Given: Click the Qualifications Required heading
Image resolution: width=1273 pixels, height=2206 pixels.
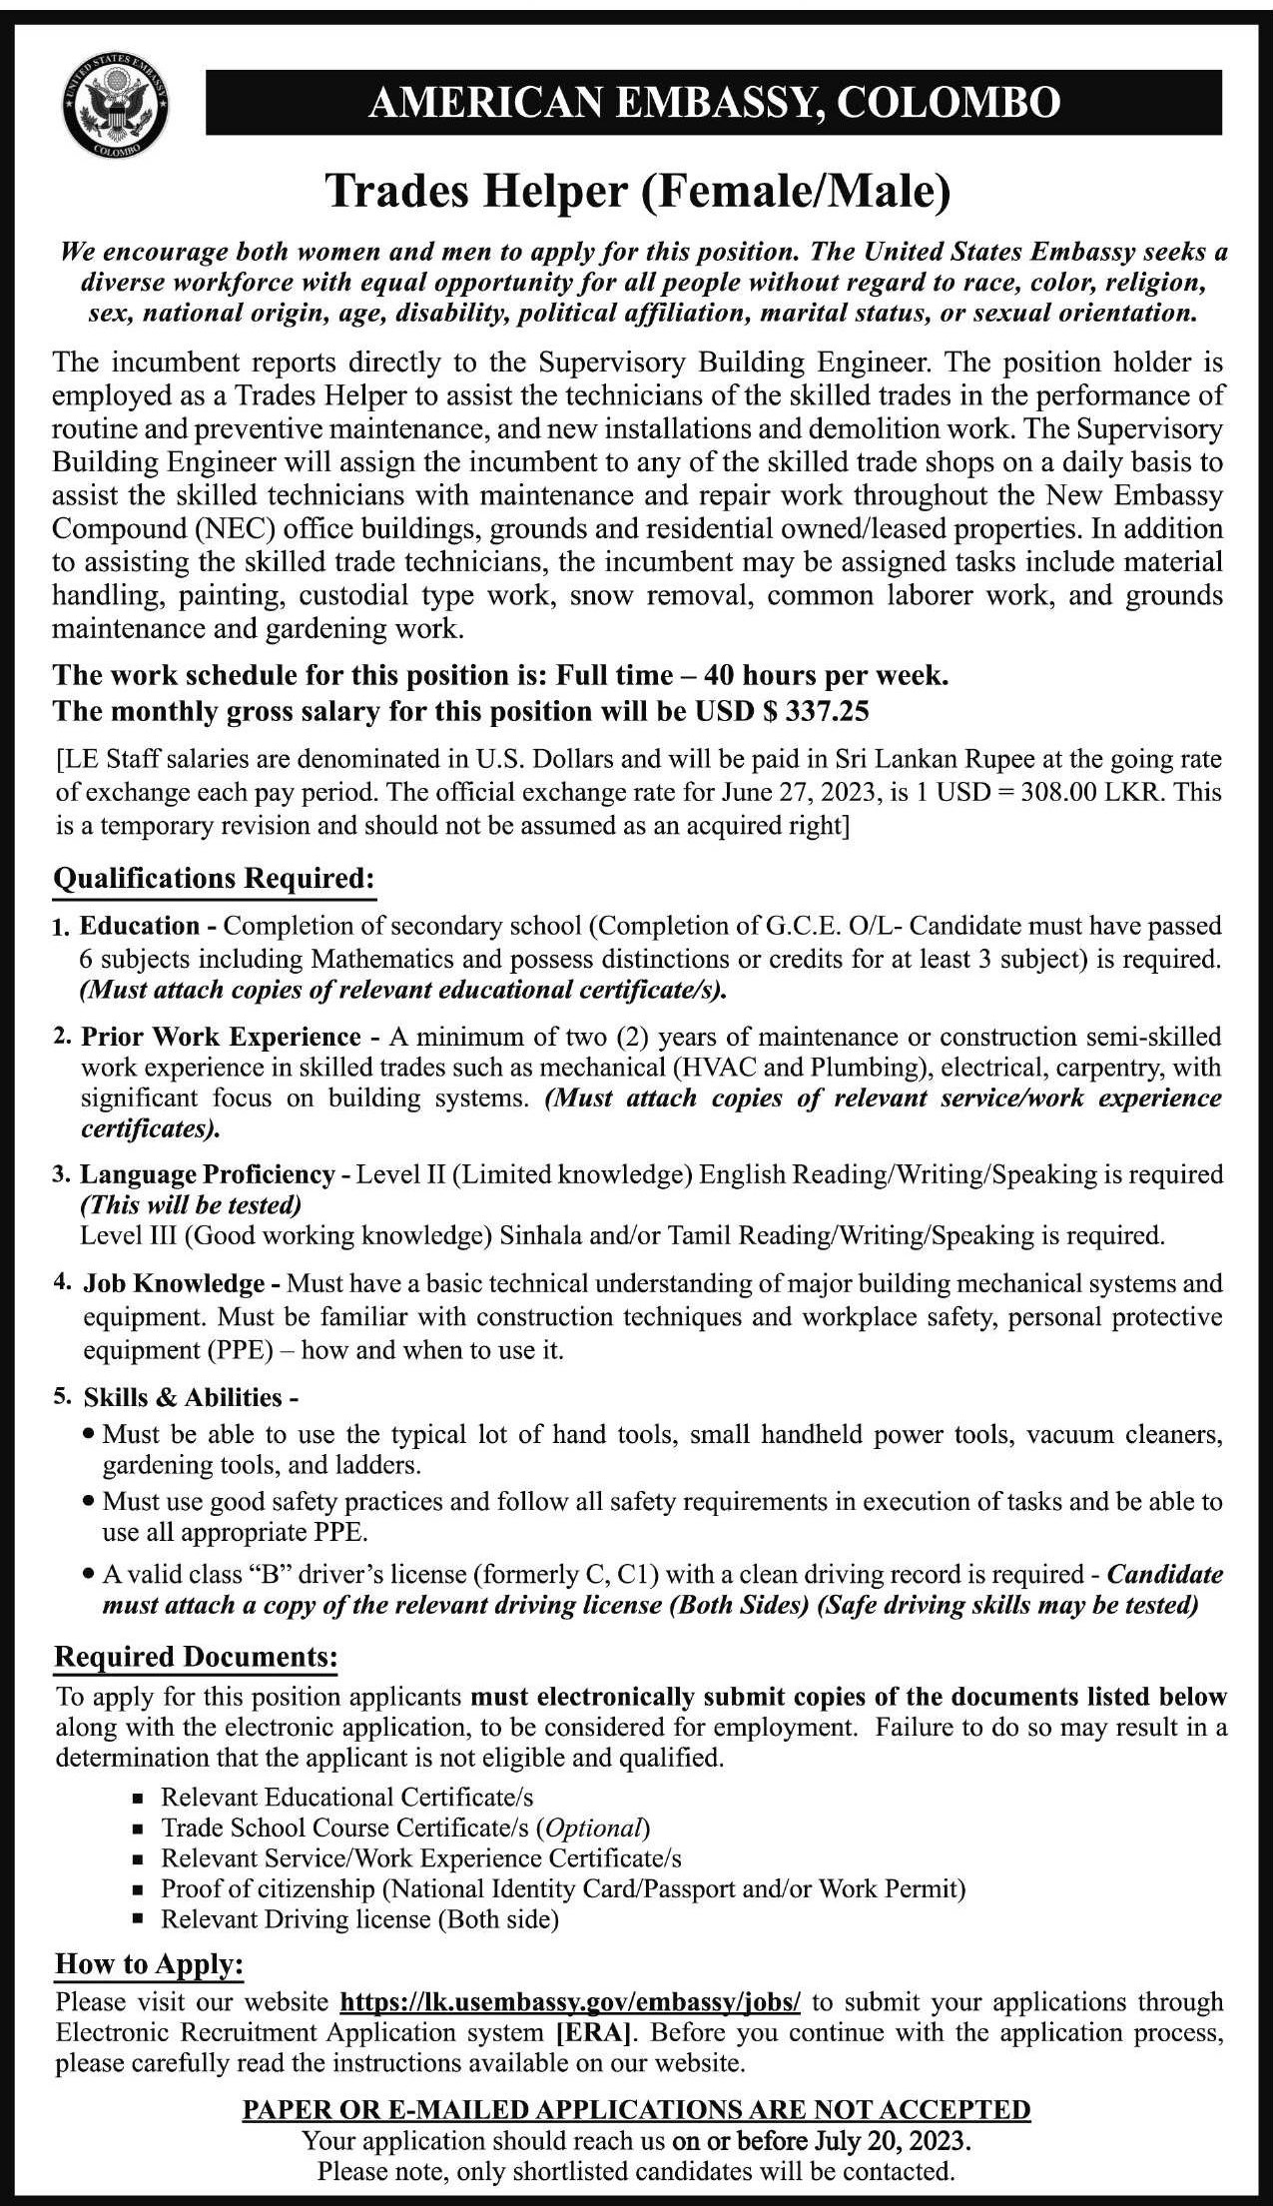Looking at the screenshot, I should pyautogui.click(x=215, y=879).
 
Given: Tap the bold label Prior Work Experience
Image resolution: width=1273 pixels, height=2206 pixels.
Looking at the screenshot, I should pyautogui.click(x=221, y=1038).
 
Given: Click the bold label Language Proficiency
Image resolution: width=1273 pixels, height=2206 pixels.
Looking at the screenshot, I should pyautogui.click(x=208, y=1174).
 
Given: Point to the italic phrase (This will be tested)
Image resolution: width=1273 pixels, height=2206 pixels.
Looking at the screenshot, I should pyautogui.click(x=191, y=1205).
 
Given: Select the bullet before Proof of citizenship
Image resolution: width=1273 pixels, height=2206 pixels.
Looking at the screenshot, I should pyautogui.click(x=139, y=1889).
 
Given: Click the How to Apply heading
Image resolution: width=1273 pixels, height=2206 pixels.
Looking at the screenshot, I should pyautogui.click(x=149, y=1964).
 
